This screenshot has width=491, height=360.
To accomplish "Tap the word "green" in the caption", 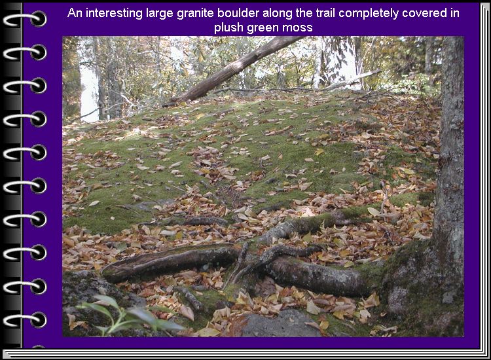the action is pos(263,28).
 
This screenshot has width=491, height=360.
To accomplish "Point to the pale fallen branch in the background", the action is pos(351,81).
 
